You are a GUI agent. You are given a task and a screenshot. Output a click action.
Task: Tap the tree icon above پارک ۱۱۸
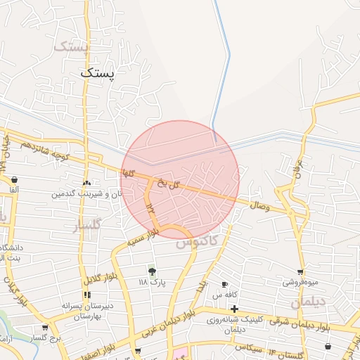pos(152,271)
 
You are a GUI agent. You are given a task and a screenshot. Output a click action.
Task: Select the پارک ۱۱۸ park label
pos(152,283)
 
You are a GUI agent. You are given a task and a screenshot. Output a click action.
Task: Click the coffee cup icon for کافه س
pos(224,285)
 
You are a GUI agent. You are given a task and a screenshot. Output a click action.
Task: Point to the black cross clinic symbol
pos(234,309)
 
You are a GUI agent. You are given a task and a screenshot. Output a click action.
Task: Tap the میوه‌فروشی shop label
pos(301,282)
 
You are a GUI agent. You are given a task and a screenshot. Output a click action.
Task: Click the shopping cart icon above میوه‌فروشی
pos(301,271)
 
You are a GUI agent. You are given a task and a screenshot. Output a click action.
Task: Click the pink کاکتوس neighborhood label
pos(197,243)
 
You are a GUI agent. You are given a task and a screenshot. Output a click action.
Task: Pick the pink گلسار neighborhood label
pos(87,225)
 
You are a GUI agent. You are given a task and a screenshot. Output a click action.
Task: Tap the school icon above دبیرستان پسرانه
pos(87,295)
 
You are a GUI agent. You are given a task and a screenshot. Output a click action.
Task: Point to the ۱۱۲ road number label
pos(150,205)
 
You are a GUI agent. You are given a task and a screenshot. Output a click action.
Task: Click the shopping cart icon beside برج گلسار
pos(46,328)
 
